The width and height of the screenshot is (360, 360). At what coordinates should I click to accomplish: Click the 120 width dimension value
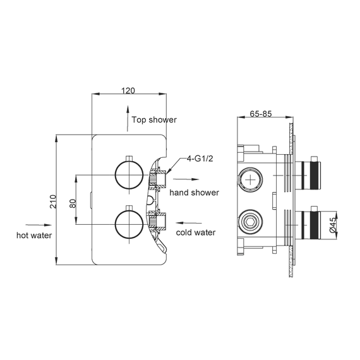coord(128,90)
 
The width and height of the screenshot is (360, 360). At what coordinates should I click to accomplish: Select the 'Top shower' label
coord(154,119)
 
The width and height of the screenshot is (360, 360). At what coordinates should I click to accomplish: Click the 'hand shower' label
coord(194,193)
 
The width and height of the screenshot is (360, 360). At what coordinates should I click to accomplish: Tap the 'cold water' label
coord(196,232)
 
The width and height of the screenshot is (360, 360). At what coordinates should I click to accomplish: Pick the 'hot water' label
coord(34,235)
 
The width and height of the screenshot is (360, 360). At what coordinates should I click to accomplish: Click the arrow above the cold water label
coord(189,222)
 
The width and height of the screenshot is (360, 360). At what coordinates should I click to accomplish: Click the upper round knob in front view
coord(128,174)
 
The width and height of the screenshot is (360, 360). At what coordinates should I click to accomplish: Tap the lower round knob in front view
coord(128,224)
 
